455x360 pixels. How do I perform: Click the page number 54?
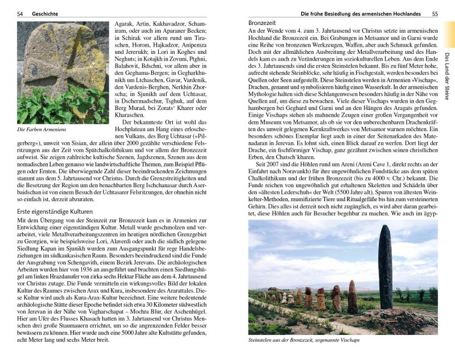20,13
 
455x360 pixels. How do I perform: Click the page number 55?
435,13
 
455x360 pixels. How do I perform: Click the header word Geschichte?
44,13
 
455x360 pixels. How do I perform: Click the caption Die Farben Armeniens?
41,129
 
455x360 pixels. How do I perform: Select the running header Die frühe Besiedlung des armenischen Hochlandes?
361,13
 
